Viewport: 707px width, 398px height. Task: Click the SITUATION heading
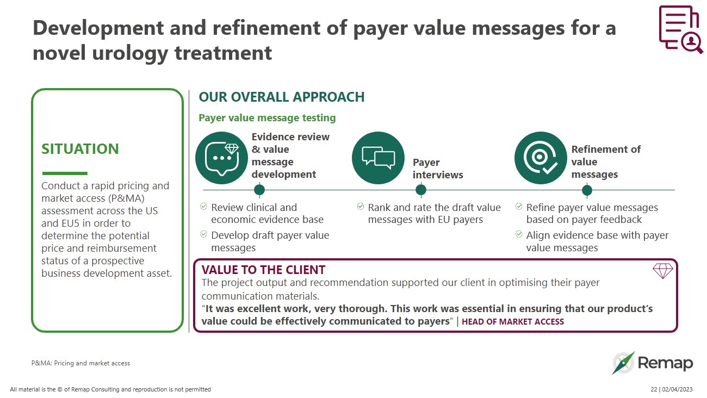click(x=80, y=149)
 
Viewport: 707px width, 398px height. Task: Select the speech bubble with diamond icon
click(x=221, y=158)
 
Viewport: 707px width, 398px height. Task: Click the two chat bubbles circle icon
click(x=378, y=158)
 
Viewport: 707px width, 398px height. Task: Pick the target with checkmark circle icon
click(x=541, y=158)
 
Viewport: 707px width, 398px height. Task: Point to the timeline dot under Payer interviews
click(x=420, y=190)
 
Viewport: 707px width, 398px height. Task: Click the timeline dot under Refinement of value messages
click(x=587, y=190)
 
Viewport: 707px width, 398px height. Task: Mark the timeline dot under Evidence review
click(x=259, y=190)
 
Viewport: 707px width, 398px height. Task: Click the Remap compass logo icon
click(x=623, y=363)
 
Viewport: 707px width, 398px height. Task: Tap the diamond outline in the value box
click(x=662, y=270)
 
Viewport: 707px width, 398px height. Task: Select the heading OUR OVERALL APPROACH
click(x=281, y=97)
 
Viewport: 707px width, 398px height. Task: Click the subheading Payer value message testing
click(x=267, y=118)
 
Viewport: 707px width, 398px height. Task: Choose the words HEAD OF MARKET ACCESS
click(x=512, y=322)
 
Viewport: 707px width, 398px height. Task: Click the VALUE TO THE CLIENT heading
click(x=263, y=270)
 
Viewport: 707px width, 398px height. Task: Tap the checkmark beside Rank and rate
click(x=360, y=207)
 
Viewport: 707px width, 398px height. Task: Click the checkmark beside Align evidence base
click(x=518, y=234)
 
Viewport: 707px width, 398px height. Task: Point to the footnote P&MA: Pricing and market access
click(x=80, y=363)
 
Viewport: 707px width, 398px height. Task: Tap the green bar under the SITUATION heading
click(x=64, y=173)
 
